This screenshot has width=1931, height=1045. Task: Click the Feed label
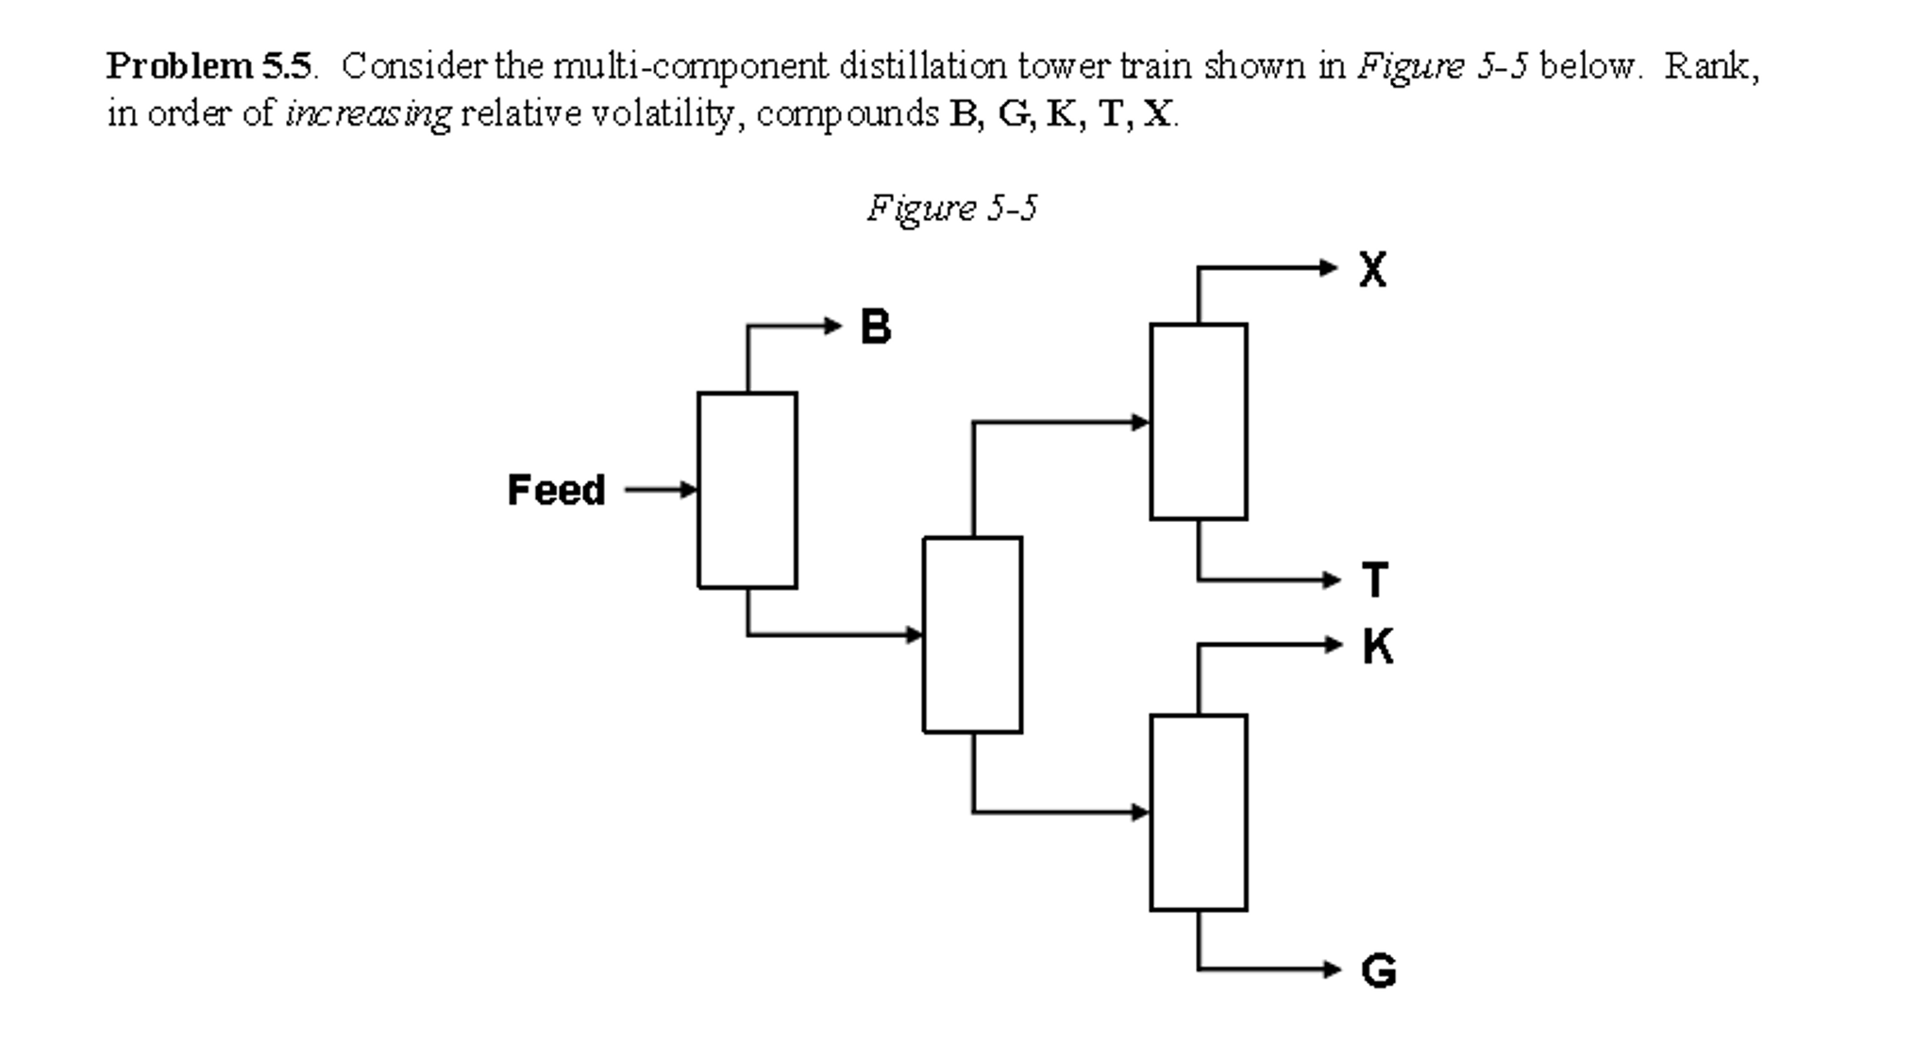pyautogui.click(x=556, y=490)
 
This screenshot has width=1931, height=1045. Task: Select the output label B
pyautogui.click(x=875, y=327)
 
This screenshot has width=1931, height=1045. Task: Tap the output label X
pyautogui.click(x=1372, y=269)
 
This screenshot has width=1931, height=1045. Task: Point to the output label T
pyautogui.click(x=1375, y=580)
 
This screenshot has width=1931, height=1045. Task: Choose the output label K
pyautogui.click(x=1377, y=647)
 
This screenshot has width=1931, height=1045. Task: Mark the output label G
pyautogui.click(x=1378, y=970)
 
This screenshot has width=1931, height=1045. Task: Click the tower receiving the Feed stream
pyautogui.click(x=747, y=490)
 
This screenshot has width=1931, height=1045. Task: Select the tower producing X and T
pyautogui.click(x=1198, y=421)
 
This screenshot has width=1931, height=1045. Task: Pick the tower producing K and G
pyautogui.click(x=1198, y=813)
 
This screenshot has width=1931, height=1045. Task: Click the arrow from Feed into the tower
pyautogui.click(x=661, y=490)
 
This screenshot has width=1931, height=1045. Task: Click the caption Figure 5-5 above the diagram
pyautogui.click(x=951, y=208)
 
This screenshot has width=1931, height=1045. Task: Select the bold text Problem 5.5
pyautogui.click(x=209, y=66)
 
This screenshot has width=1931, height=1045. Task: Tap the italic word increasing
pyautogui.click(x=368, y=114)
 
